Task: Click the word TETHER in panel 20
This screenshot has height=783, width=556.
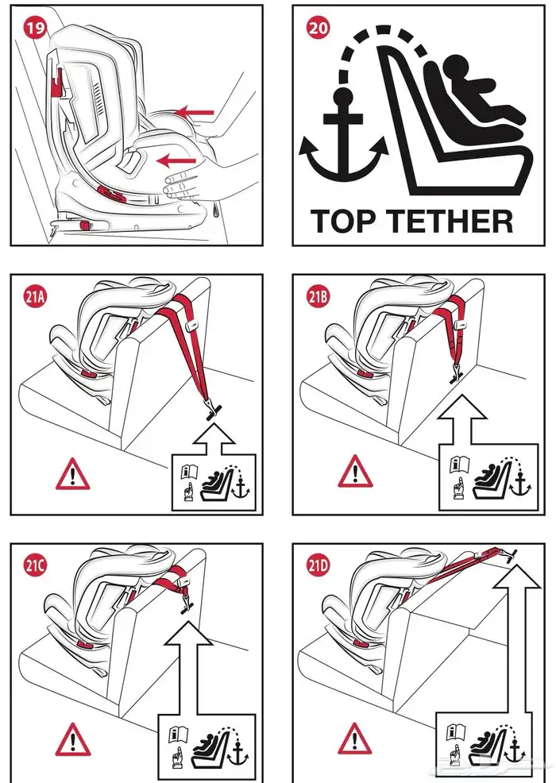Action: click(451, 220)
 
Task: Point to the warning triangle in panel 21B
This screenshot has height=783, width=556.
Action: click(354, 474)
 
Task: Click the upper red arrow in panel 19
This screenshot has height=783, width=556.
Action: click(195, 113)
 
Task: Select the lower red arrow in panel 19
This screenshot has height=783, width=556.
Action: click(176, 161)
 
